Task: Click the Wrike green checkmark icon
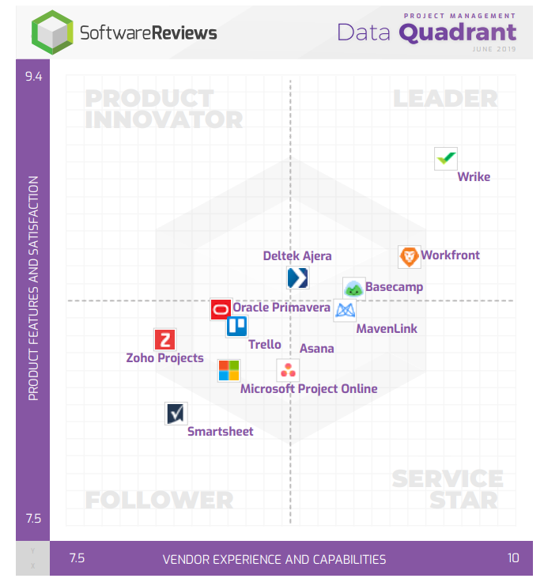coord(447,158)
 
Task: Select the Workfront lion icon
coord(410,256)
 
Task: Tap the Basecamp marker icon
coord(353,289)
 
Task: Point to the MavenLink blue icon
coord(345,311)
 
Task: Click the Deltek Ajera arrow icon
coord(297,278)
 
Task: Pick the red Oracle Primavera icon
coord(221,309)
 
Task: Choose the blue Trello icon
coord(236,326)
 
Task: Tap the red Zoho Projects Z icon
coord(165,340)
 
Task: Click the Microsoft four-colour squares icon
coord(229,370)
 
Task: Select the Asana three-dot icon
coord(288,369)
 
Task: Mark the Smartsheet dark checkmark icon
coord(176,413)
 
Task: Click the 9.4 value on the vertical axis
coord(33,77)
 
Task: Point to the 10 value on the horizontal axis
coord(513,558)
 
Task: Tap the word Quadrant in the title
coord(458,32)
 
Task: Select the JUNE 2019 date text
coord(494,49)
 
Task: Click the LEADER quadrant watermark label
coord(445,99)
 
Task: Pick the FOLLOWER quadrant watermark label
coord(159,500)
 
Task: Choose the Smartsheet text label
coord(221,431)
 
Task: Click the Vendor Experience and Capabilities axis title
coord(274,559)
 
